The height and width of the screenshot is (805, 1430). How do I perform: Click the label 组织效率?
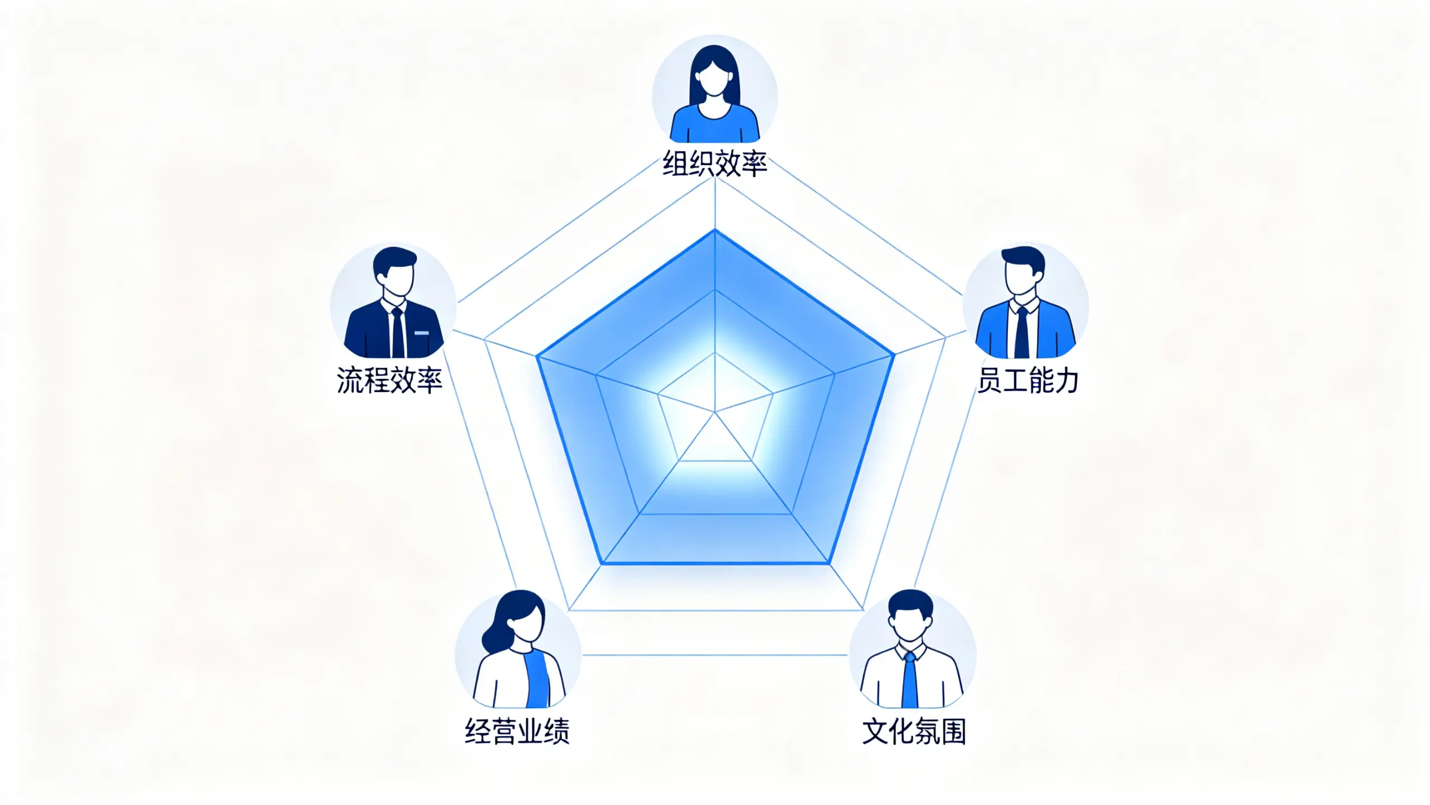[715, 164]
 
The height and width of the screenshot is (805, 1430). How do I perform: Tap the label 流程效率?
[389, 380]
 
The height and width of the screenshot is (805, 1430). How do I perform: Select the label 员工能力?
[1028, 380]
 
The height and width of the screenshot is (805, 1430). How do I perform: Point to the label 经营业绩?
[517, 731]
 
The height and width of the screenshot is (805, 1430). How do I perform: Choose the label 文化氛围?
[914, 731]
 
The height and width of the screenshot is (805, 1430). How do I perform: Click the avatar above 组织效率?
[715, 89]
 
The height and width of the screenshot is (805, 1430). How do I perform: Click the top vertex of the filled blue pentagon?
[715, 230]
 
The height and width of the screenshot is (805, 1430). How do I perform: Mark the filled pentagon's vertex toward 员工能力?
[894, 354]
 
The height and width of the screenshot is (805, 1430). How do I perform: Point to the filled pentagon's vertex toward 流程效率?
[537, 356]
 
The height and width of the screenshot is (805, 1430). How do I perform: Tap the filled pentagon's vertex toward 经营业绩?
[603, 563]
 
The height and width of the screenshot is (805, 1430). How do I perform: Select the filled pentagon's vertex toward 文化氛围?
[829, 563]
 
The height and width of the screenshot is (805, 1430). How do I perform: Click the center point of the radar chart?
[715, 413]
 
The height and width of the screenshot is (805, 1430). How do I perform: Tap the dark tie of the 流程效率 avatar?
[398, 332]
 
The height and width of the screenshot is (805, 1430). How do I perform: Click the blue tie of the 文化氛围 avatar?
[910, 679]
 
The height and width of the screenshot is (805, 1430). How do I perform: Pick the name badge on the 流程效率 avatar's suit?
[422, 333]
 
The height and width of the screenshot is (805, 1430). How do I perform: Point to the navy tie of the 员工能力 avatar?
[1022, 332]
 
